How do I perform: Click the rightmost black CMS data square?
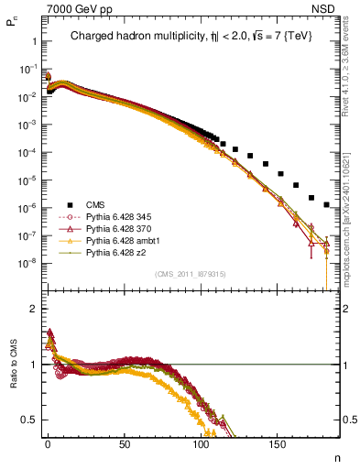click(x=327, y=203)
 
